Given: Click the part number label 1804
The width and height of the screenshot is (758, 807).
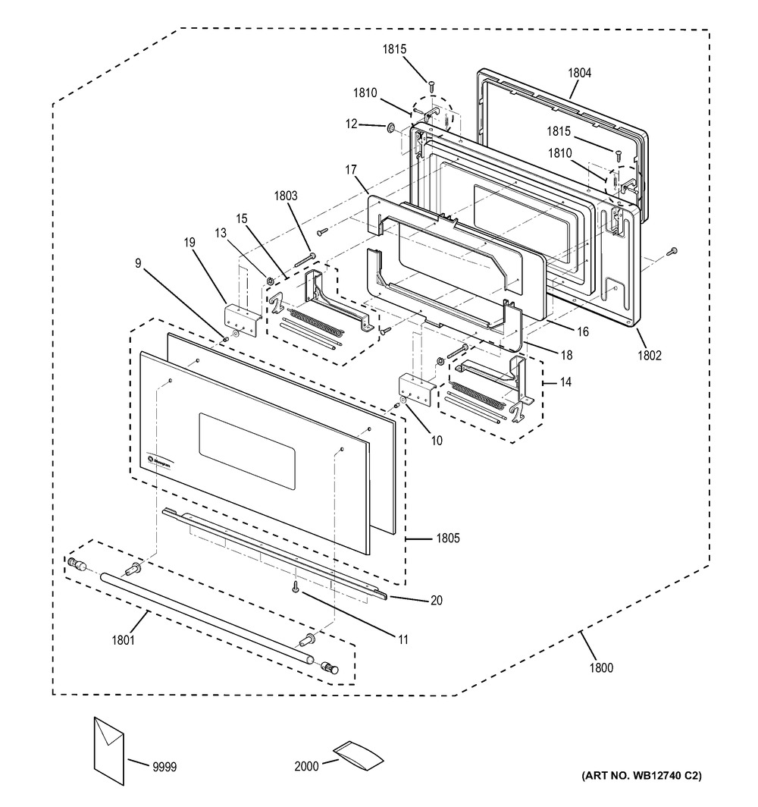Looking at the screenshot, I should coord(579,74).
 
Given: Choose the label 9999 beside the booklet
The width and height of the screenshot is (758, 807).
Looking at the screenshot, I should coord(163,768).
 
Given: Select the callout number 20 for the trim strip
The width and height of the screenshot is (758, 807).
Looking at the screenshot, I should coord(437,600).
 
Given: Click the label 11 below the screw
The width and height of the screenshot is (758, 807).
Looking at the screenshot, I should coord(402,639).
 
